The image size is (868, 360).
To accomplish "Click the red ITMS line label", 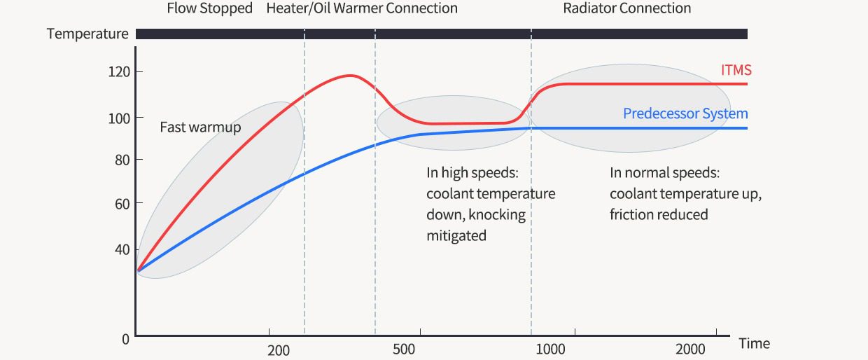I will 736,70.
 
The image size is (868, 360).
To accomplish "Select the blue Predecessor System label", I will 685,113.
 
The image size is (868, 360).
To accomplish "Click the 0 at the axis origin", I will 125,340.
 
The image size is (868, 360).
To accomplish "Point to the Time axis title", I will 754,343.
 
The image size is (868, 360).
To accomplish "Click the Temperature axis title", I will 87,34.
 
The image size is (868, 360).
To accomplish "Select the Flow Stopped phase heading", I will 209,9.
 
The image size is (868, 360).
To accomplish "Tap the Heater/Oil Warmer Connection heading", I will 362,9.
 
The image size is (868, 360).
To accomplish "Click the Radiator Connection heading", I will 627,9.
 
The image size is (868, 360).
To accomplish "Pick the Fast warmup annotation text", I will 200,127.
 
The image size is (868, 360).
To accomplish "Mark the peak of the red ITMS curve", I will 350,75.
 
